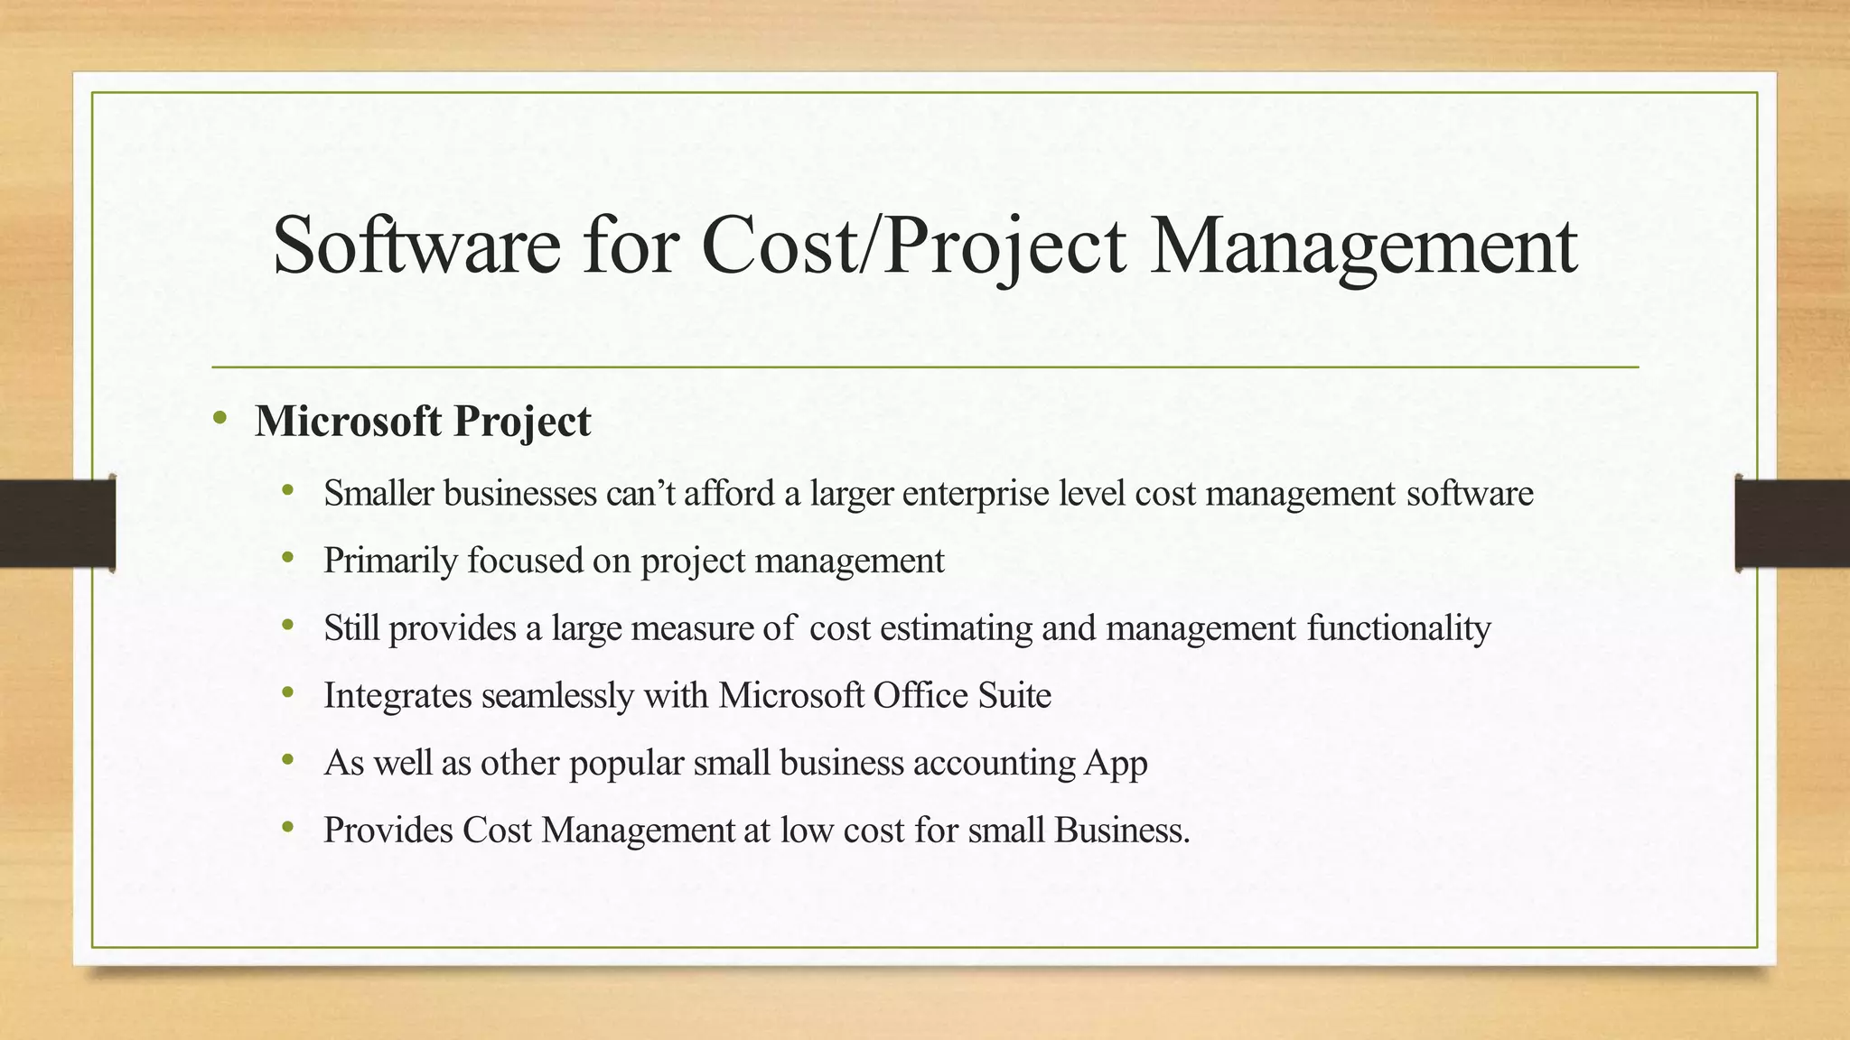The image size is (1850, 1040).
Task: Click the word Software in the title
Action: [x=416, y=246]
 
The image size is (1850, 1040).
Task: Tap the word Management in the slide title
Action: [x=1363, y=246]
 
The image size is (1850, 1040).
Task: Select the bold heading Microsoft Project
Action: [x=423, y=422]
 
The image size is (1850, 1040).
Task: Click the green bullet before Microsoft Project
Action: [x=220, y=418]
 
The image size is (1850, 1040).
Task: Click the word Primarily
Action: [x=390, y=561]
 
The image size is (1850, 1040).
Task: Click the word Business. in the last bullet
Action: [x=1122, y=831]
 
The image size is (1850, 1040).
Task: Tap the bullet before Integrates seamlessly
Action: [x=288, y=693]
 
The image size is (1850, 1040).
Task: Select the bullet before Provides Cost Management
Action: [x=288, y=827]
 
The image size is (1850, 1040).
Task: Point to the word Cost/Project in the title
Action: [x=913, y=246]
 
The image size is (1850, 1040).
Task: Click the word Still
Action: [x=351, y=628]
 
